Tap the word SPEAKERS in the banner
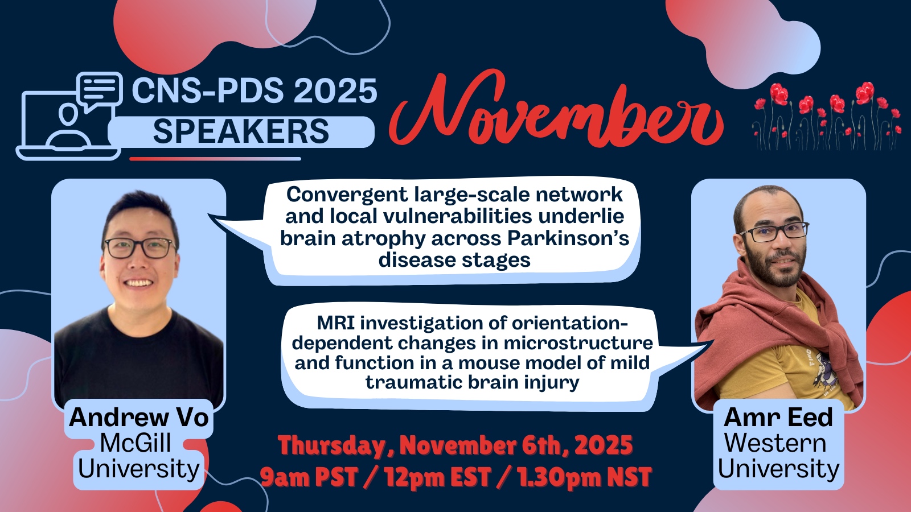(x=241, y=131)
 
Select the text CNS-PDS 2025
(x=255, y=90)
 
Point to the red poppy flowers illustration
(x=826, y=116)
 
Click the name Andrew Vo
(x=139, y=418)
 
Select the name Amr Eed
(x=778, y=418)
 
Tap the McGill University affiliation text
(x=138, y=456)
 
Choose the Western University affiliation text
(x=778, y=456)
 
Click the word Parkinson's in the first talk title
(x=568, y=238)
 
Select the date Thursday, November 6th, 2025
(x=455, y=445)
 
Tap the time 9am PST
(x=309, y=477)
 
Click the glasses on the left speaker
(x=139, y=248)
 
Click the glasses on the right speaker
(x=774, y=232)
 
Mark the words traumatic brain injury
(x=472, y=383)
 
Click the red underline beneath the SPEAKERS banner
(x=215, y=159)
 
